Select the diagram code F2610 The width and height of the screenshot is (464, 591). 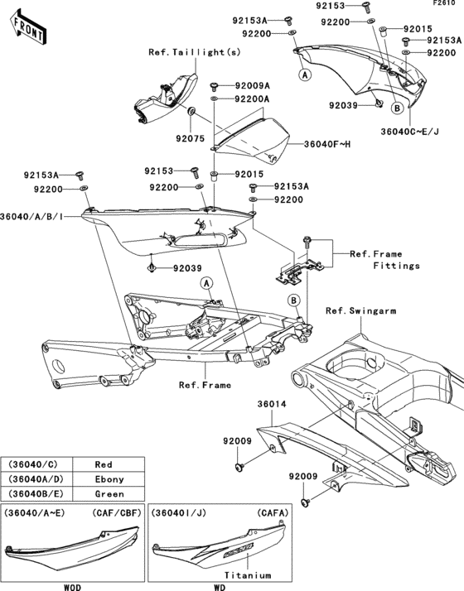[443, 5]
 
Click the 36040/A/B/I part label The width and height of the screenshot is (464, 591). [30, 216]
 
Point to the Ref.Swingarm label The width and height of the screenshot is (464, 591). [358, 311]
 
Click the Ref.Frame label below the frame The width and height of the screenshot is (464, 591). [205, 385]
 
